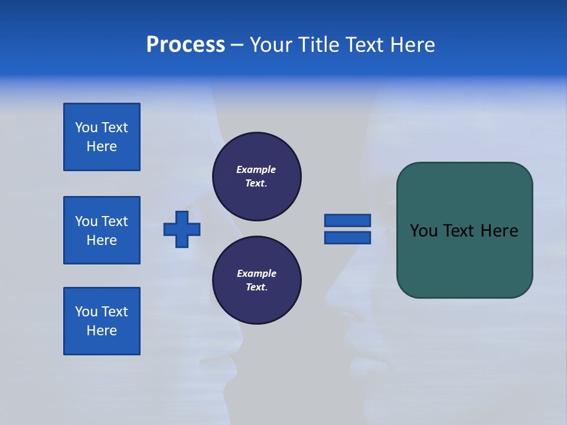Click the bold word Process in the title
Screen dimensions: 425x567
185,45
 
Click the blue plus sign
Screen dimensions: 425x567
182,229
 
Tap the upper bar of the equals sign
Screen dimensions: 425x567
347,220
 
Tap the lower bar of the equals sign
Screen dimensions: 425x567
347,237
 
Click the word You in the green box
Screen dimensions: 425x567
423,231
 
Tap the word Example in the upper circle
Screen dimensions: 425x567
256,169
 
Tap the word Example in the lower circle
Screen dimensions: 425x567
256,273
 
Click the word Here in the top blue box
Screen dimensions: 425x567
102,146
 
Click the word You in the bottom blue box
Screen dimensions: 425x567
86,312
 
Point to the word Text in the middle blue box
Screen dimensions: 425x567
115,221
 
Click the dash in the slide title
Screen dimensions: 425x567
237,45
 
